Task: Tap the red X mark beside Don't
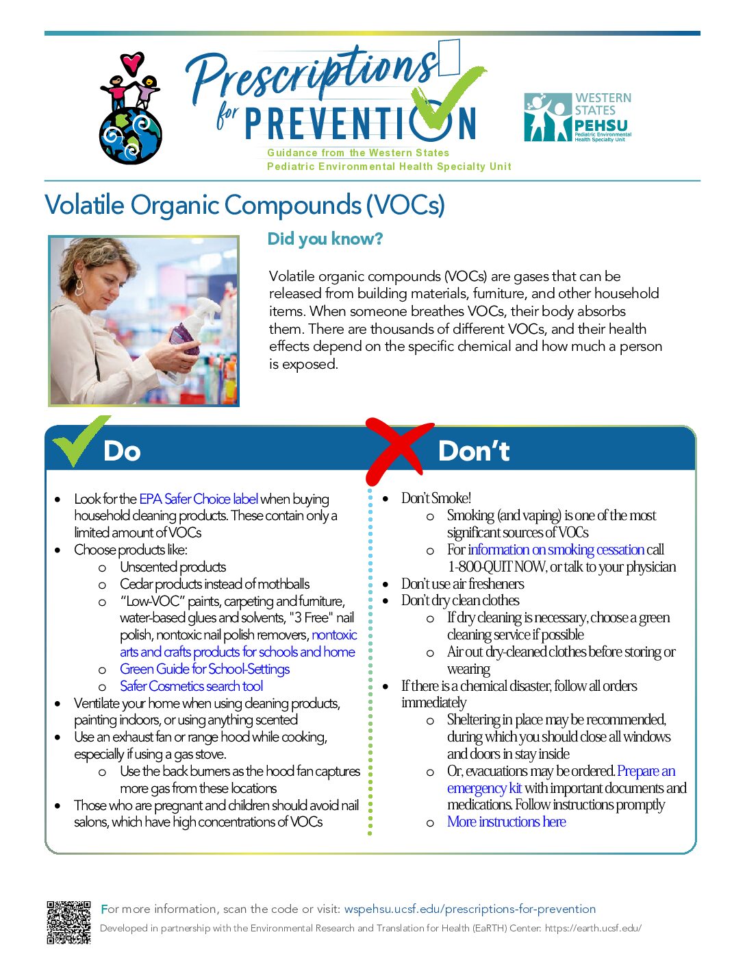[x=398, y=450]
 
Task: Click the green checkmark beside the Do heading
[x=81, y=440]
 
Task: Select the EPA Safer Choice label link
[x=199, y=499]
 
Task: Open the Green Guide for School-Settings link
[x=205, y=669]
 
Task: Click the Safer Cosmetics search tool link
[x=191, y=686]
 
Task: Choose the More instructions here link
[x=506, y=822]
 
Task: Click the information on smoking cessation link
[x=557, y=550]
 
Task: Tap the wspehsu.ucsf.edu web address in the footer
[x=470, y=909]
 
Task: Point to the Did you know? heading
[x=325, y=239]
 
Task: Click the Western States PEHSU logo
[x=578, y=117]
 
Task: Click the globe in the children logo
[x=131, y=136]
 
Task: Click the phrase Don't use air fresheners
[x=462, y=583]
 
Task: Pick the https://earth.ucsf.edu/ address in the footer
[x=593, y=928]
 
